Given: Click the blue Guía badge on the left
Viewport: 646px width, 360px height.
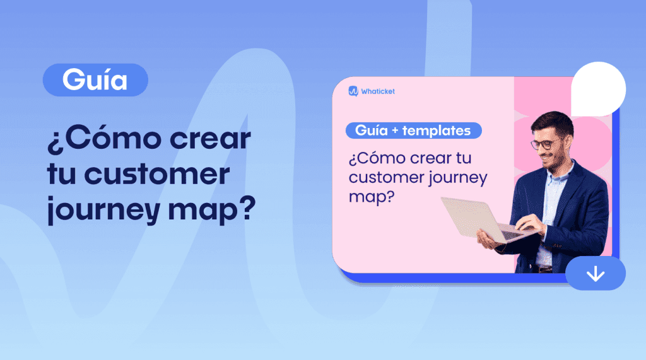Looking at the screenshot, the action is [95, 80].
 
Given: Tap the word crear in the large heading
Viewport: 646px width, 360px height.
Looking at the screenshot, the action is [210, 139].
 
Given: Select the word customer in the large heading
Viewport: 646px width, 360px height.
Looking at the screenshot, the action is [157, 174].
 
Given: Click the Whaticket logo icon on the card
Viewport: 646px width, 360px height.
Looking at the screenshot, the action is [353, 91].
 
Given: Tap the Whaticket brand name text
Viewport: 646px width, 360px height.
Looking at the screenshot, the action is [378, 91].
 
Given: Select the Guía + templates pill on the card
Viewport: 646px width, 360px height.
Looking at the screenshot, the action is [414, 131].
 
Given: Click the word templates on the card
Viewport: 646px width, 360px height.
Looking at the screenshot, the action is [437, 131].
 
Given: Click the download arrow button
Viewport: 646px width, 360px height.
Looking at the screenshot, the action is [596, 273].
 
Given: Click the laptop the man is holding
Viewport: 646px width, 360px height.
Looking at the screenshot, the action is [487, 219].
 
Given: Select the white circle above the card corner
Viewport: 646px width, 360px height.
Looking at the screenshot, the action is [598, 89].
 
